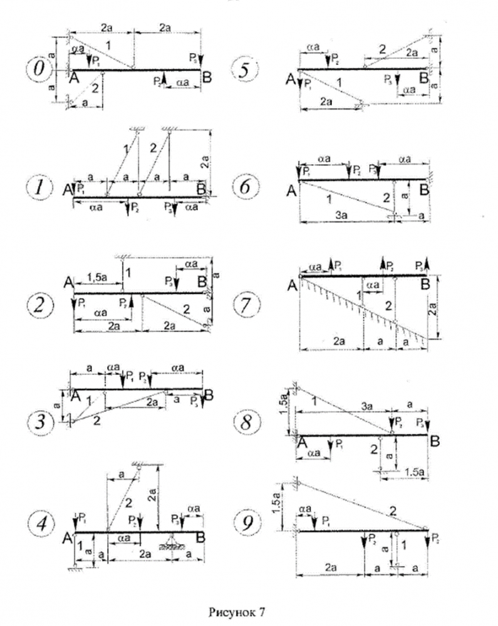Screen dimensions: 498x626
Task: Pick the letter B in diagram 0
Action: pyautogui.click(x=207, y=76)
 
